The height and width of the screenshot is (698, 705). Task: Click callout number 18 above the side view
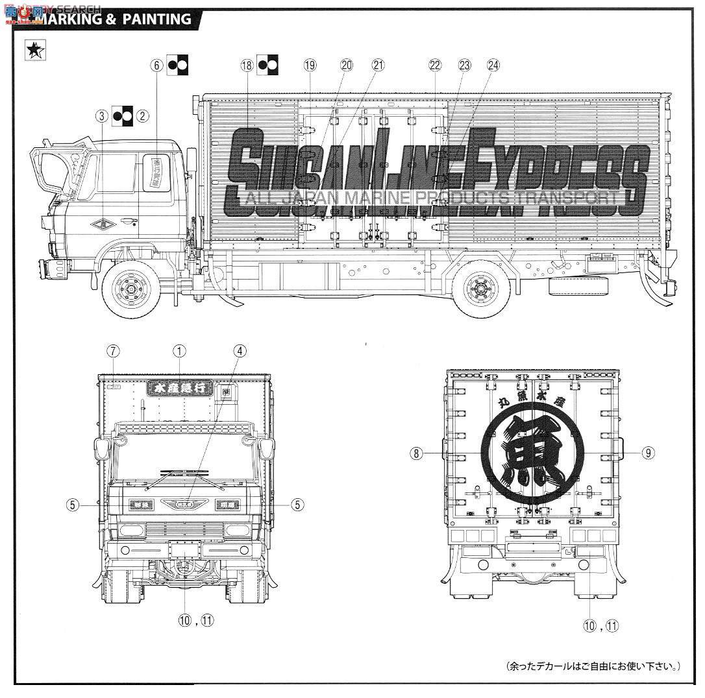point(246,65)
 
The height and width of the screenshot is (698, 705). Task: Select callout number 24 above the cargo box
point(493,65)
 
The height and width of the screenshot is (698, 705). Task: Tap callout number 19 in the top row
point(310,65)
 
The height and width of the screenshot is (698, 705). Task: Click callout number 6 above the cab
point(156,65)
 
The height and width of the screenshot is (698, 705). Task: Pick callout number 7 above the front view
point(114,351)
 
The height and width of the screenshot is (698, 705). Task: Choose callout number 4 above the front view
point(240,351)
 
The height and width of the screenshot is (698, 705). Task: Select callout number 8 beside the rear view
point(416,453)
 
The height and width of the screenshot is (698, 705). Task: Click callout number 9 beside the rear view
point(648,453)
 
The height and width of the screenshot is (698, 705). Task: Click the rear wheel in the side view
point(482,288)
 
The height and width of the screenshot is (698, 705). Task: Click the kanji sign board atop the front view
point(180,387)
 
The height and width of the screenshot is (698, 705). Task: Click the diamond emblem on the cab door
point(104,225)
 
